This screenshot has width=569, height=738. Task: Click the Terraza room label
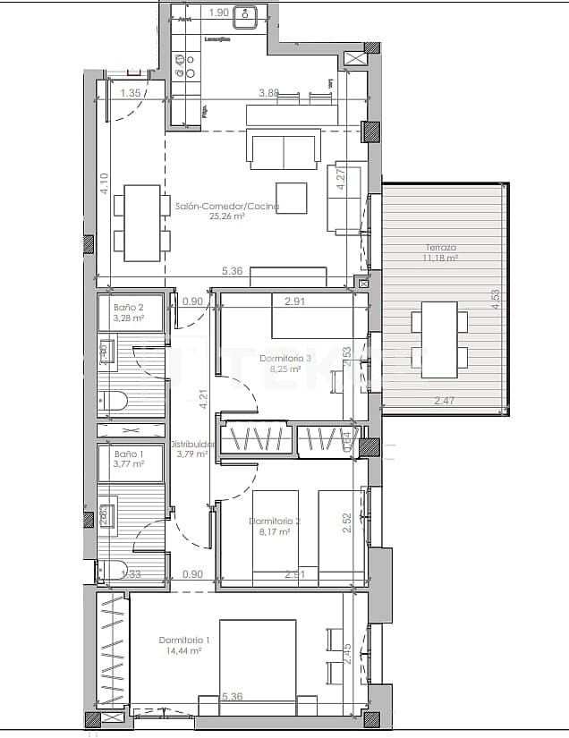click(441, 247)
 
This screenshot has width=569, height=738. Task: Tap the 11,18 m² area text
click(441, 258)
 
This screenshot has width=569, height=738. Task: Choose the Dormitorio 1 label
click(185, 640)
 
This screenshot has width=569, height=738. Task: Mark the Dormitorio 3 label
click(285, 358)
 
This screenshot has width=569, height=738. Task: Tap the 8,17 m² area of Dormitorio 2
click(274, 531)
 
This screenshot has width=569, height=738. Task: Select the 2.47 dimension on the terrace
click(445, 402)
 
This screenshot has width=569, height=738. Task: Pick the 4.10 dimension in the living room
click(105, 183)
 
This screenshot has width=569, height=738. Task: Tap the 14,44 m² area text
click(185, 651)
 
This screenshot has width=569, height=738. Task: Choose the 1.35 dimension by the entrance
click(131, 93)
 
